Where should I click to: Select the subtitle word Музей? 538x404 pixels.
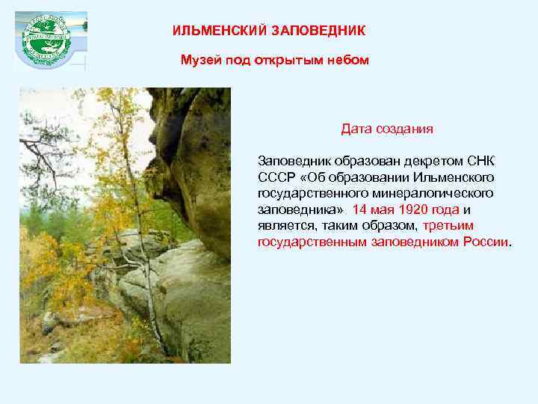198,60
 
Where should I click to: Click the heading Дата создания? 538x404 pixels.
387,129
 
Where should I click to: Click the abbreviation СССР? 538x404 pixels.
275,177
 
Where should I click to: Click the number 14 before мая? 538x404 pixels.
360,209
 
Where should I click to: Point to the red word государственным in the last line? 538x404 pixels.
312,242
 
